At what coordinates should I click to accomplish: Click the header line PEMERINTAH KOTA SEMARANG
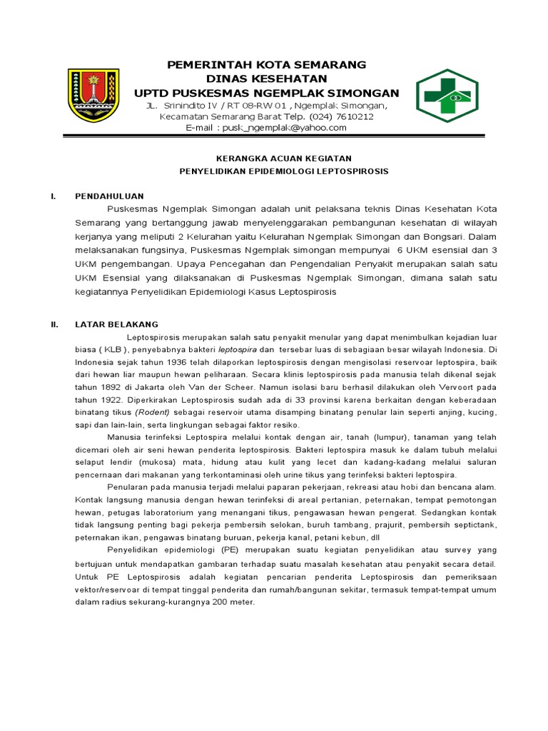tap(266, 65)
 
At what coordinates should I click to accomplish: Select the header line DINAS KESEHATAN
tap(266, 79)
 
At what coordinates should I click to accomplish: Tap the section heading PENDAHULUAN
tap(110, 196)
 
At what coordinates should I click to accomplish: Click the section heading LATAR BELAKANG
tap(116, 324)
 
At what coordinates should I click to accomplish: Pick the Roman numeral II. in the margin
tap(54, 324)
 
